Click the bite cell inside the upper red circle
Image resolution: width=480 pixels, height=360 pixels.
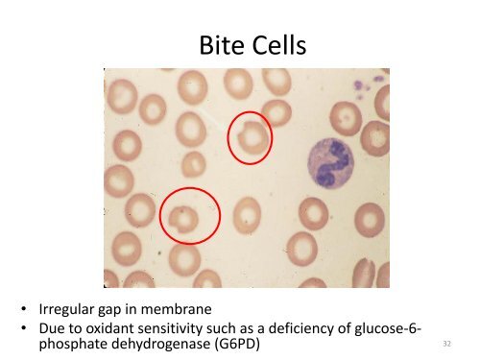pyautogui.click(x=252, y=138)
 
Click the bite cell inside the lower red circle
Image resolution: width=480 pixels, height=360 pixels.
pyautogui.click(x=182, y=219)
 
